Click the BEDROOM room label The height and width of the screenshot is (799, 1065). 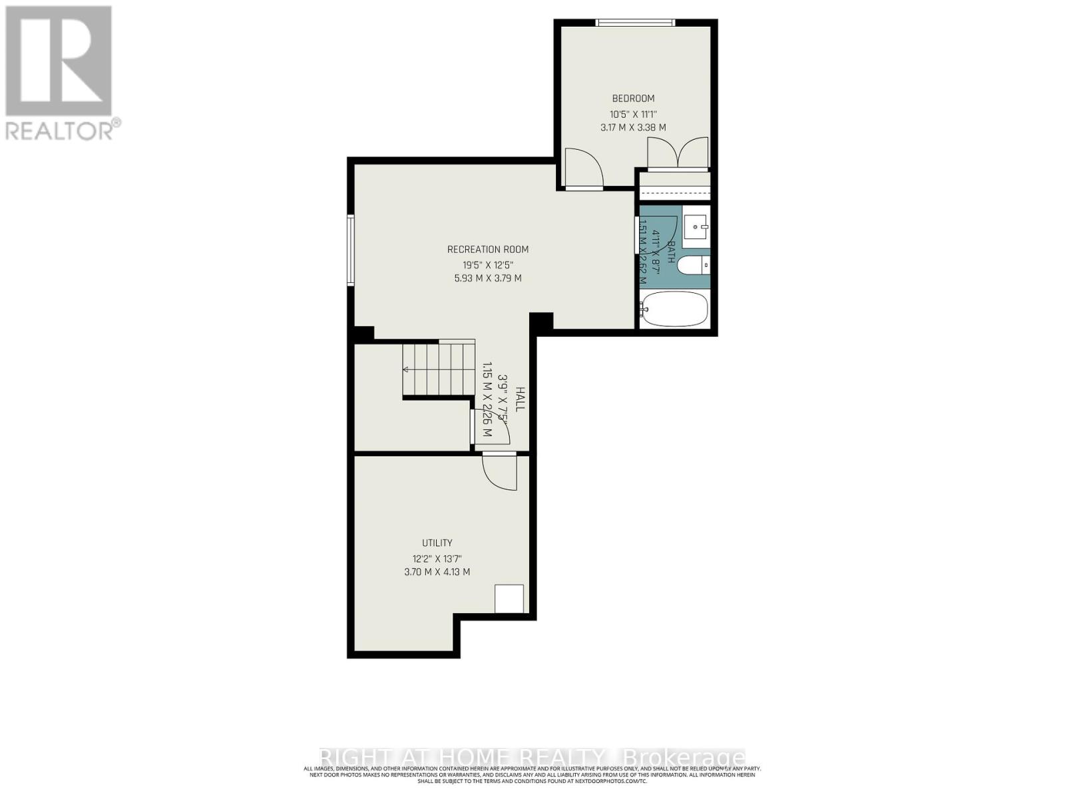(633, 99)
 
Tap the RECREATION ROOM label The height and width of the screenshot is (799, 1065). (488, 250)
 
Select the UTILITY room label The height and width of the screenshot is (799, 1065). (437, 543)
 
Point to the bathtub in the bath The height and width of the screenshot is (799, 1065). (674, 309)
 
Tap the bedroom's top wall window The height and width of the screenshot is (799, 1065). (635, 23)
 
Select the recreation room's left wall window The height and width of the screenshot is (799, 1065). (350, 250)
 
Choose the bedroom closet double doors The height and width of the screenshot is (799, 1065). (678, 153)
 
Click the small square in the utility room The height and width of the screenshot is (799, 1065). (509, 599)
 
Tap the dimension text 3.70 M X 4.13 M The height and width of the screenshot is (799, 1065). (437, 572)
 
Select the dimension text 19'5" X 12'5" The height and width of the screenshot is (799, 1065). (487, 265)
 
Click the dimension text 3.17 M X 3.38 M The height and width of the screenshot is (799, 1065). (633, 127)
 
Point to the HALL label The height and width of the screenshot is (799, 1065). (520, 400)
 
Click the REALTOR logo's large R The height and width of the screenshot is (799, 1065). (58, 61)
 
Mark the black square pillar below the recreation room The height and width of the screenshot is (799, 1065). (541, 321)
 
